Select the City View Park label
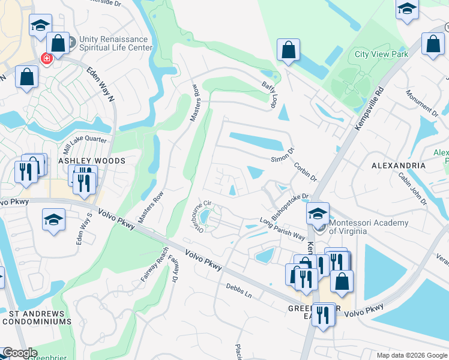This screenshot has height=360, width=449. tap(381, 54)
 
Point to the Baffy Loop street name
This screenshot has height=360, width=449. tap(268, 95)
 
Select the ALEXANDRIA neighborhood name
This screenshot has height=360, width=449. tap(399, 165)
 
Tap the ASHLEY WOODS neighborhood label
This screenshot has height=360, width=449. tap(91, 161)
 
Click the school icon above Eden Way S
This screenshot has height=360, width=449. tap(53, 220)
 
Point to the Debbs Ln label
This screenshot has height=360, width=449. tap(239, 291)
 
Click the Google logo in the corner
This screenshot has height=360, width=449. tap(20, 353)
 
